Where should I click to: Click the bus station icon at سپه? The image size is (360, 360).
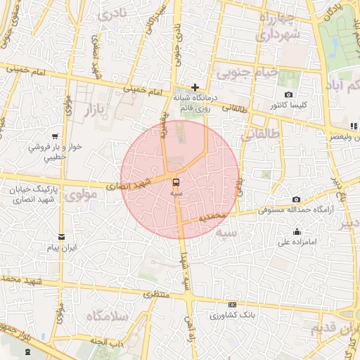coord(175,181)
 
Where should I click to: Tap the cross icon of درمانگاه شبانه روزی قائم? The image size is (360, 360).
coord(195,87)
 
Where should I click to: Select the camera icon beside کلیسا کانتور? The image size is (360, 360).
coord(288,95)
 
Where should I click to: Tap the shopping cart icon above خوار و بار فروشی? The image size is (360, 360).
coord(54,136)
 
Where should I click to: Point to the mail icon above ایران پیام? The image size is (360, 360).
coord(61,237)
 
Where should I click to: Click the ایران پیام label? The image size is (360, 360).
coord(62,249)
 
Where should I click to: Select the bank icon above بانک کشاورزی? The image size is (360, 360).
coord(230,304)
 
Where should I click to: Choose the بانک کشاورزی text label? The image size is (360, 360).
coord(231,315)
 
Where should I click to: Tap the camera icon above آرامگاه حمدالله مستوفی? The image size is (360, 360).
coord(296,200)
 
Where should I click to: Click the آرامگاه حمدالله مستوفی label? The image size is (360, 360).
coord(297,210)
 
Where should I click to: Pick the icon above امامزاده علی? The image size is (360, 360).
coord(297,232)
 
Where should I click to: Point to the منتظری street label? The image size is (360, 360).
coord(157,295)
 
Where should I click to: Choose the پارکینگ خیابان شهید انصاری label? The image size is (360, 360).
coord(34,196)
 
